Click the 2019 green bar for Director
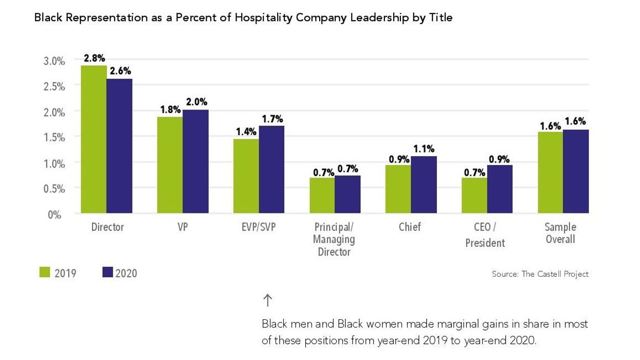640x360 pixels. pos(94,139)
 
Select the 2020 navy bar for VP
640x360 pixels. pos(195,161)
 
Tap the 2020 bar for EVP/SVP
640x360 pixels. pos(271,169)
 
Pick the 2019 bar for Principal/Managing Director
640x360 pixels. pos(322,195)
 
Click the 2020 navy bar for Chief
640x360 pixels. pos(424,185)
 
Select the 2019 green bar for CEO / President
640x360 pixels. pos(474,195)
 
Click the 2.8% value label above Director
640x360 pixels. pos(94,58)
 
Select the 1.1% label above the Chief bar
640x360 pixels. pos(424,149)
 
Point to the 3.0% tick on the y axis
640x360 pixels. pos(53,61)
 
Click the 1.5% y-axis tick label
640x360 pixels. pos(53,138)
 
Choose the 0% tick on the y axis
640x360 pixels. pos(55,214)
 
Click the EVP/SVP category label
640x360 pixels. pos(259,227)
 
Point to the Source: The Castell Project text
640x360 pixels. pos(540,274)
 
